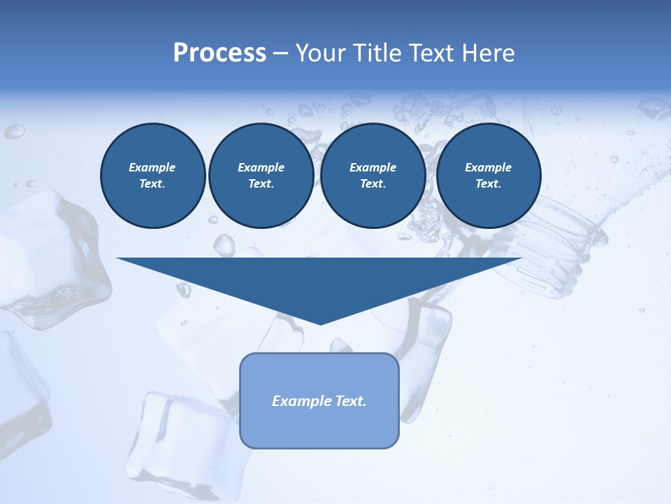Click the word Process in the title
pyautogui.click(x=219, y=53)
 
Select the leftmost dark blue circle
pyautogui.click(x=152, y=176)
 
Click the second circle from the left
pyautogui.click(x=261, y=176)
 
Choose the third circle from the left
pyautogui.click(x=373, y=176)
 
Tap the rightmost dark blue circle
pyautogui.click(x=488, y=176)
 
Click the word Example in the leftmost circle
pyautogui.click(x=152, y=167)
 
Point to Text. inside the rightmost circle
pyautogui.click(x=488, y=184)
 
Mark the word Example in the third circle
pyautogui.click(x=373, y=167)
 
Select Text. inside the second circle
pyautogui.click(x=261, y=184)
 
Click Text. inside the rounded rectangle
pyautogui.click(x=350, y=401)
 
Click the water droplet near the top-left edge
pyautogui.click(x=15, y=130)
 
